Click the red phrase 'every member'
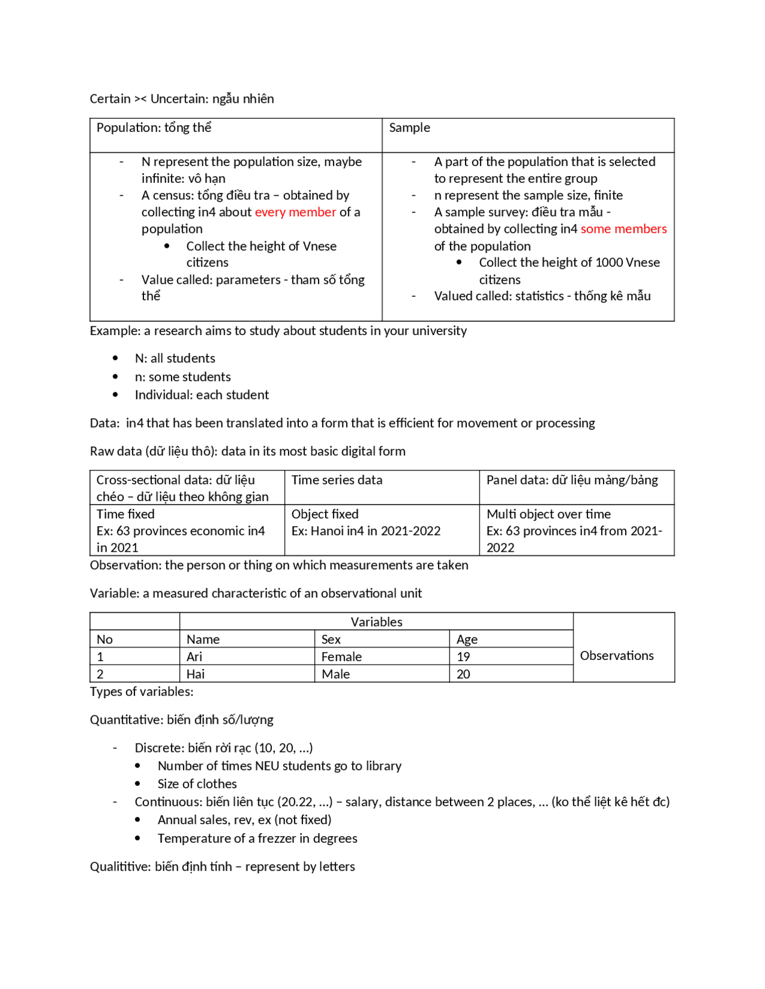coord(295,213)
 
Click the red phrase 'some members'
coord(623,229)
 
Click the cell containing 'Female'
coord(341,657)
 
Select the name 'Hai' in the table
coord(195,674)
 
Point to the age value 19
coord(463,657)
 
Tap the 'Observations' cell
coord(617,656)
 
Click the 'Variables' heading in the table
coord(377,622)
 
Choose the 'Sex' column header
coord(331,640)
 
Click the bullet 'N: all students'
coord(175,358)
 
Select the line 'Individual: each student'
coord(202,395)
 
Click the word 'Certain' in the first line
coord(110,99)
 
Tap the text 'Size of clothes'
coord(197,784)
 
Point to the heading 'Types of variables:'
coord(142,692)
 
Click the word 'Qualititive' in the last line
coord(120,867)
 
